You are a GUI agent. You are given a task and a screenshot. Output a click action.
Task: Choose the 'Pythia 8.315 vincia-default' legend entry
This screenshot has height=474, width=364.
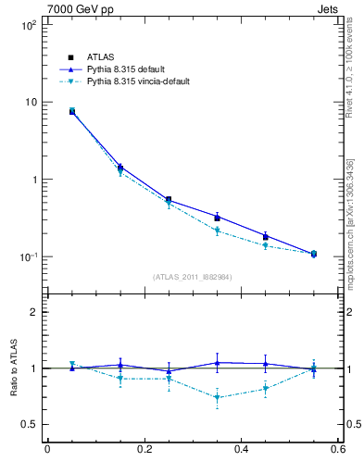(144, 81)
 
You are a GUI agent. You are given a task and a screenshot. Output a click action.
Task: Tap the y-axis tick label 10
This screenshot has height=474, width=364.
(30, 102)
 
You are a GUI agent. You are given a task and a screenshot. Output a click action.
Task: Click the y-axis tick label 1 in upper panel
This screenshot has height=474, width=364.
(33, 179)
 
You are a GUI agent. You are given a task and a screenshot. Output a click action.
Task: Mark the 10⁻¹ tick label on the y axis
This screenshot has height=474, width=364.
(26, 256)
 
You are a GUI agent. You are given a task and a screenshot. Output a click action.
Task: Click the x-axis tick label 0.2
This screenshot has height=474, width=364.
(144, 449)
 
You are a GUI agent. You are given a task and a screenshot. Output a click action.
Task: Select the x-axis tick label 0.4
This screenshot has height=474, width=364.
(241, 449)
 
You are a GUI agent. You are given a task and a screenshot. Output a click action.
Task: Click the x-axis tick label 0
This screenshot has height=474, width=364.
(47, 449)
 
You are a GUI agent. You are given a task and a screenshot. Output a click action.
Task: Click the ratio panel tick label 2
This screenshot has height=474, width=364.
(33, 312)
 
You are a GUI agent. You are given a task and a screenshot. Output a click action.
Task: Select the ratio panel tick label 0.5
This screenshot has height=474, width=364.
(29, 424)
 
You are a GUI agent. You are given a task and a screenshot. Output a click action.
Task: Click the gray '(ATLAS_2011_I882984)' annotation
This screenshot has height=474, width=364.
(193, 277)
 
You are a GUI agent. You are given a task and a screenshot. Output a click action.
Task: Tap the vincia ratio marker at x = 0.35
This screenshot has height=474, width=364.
(217, 398)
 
